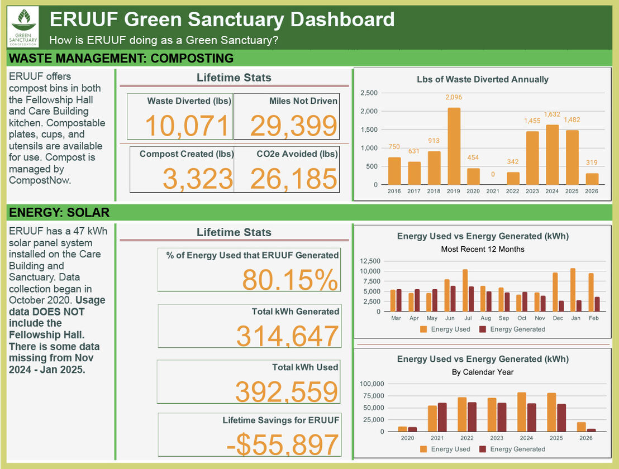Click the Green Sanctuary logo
[x=23, y=27]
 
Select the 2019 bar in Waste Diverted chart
[x=454, y=146]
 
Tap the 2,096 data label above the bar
[x=454, y=98]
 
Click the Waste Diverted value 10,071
[x=187, y=126]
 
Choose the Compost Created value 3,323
[x=197, y=179]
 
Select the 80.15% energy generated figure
[x=290, y=280]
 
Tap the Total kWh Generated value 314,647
[x=287, y=336]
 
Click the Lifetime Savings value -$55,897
[x=283, y=445]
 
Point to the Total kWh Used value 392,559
[x=287, y=391]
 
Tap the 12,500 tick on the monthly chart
[x=369, y=261]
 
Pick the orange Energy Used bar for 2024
[x=521, y=411]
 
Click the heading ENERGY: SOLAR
[x=59, y=213]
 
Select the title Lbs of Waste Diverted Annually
[x=483, y=79]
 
